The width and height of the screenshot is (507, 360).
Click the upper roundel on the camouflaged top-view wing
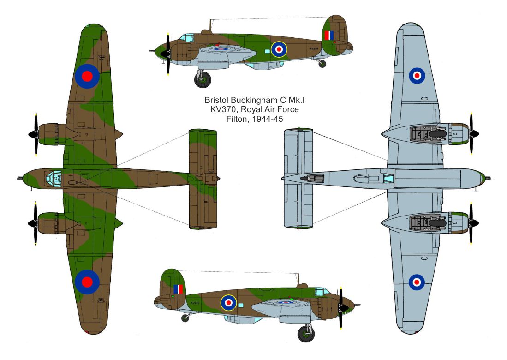[x=87, y=76]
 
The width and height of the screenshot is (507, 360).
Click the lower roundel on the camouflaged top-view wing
[x=87, y=281]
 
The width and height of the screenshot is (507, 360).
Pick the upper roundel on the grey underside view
[x=417, y=75]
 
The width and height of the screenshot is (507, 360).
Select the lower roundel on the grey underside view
[x=417, y=281]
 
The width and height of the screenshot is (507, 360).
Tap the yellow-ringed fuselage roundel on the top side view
[x=279, y=49]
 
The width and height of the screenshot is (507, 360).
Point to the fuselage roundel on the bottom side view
[x=228, y=303]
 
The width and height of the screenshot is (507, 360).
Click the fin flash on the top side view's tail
[x=329, y=36]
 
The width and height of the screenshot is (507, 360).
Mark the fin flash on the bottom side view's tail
[x=178, y=289]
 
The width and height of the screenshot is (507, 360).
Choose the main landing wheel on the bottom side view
[x=305, y=333]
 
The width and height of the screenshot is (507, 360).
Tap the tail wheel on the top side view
[x=322, y=64]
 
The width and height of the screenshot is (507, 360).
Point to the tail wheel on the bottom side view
[x=185, y=318]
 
